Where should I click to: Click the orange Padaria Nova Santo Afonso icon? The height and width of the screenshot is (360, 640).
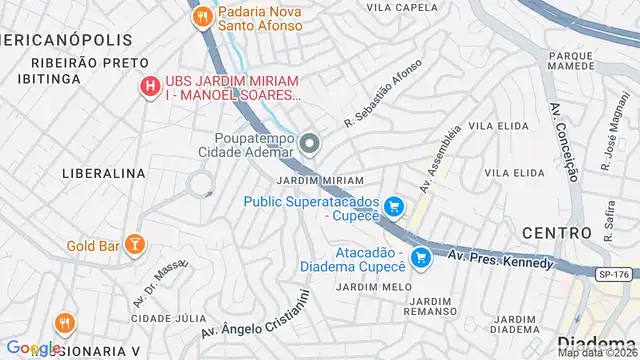point(201,15)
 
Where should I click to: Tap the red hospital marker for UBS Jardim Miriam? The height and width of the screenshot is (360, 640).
point(151,87)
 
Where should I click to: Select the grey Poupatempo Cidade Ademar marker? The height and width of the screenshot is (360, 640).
point(309,145)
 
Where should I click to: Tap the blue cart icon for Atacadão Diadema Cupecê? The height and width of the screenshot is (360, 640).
point(421,258)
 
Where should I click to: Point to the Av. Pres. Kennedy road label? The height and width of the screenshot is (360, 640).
point(499,260)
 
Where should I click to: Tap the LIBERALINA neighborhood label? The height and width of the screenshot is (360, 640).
point(104,173)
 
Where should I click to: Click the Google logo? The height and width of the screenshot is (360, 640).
point(33,348)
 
